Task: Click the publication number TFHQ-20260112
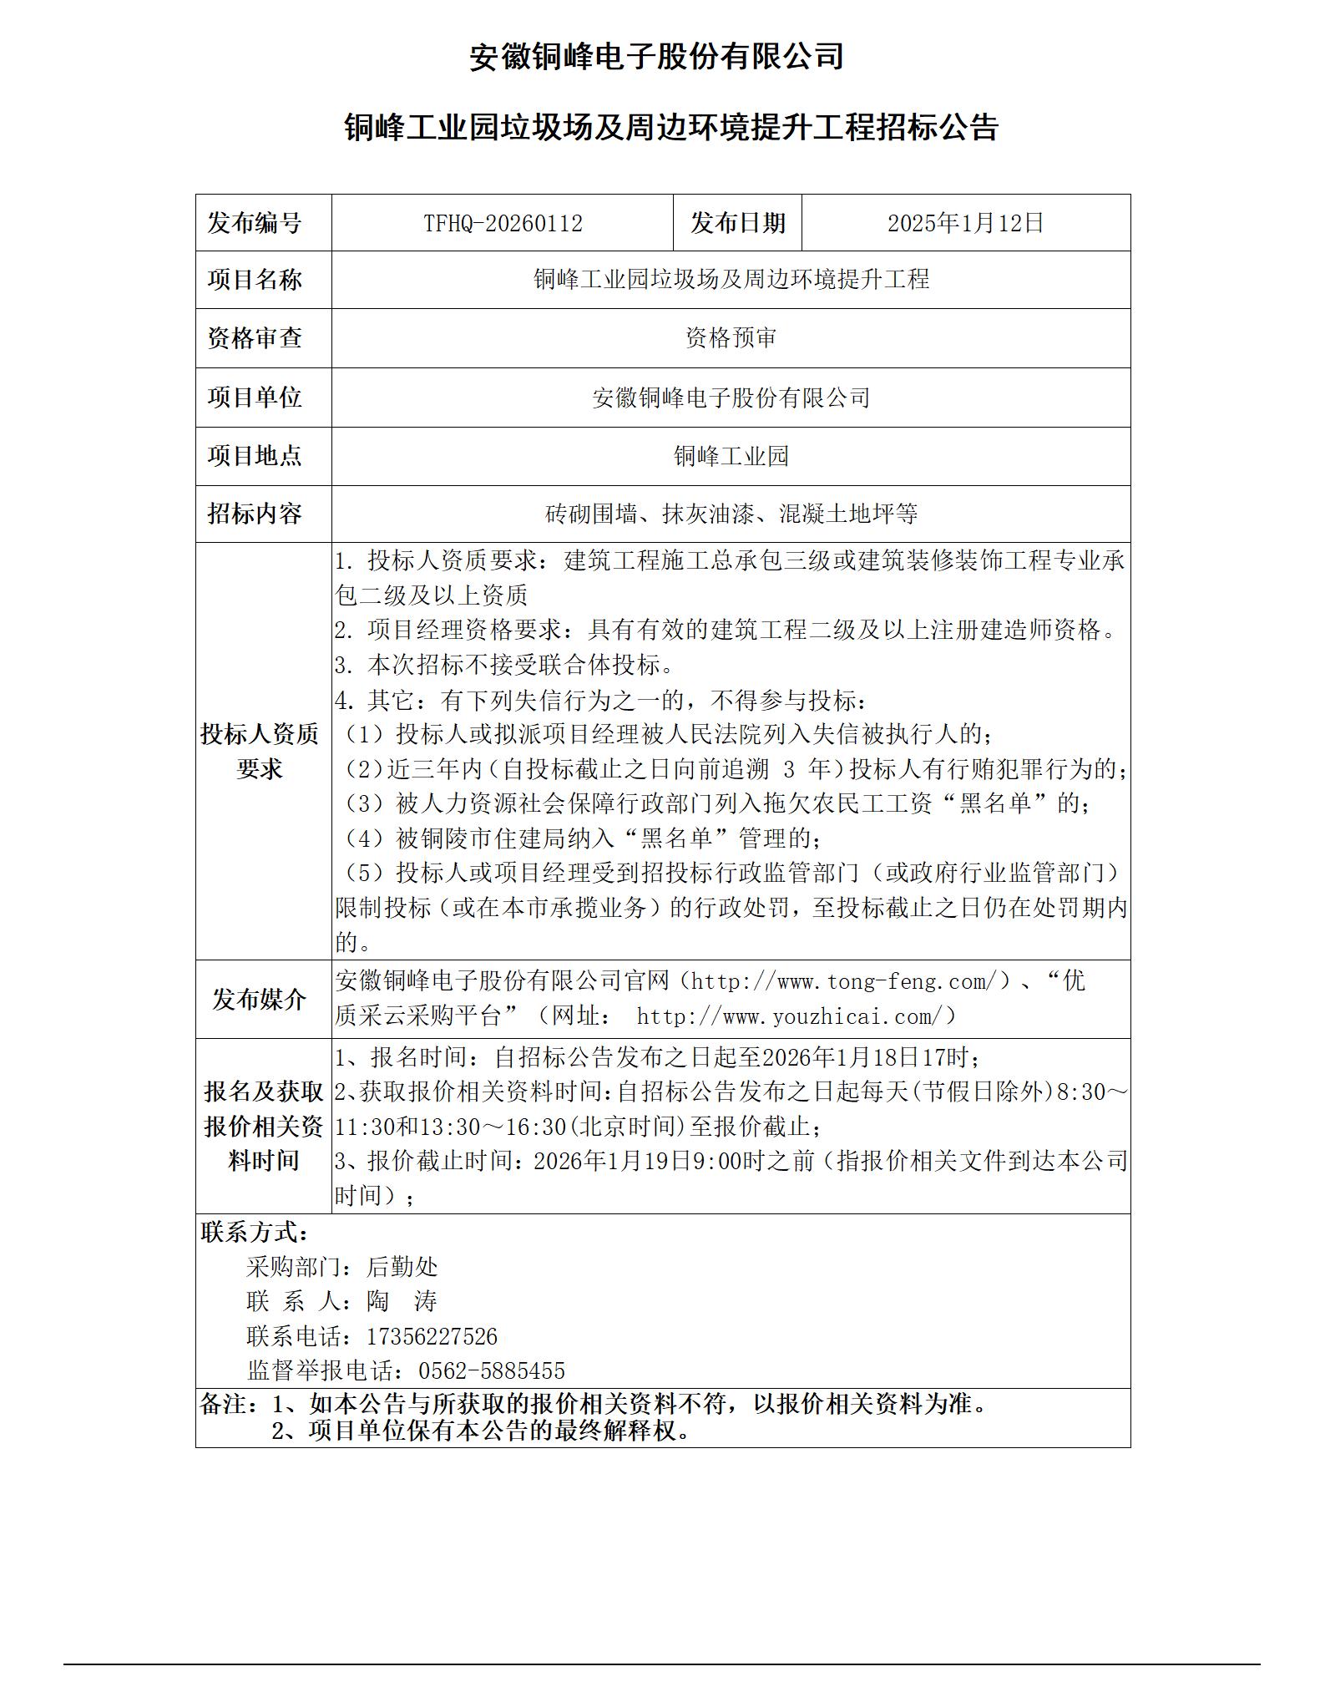(503, 223)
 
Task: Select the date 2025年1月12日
(965, 223)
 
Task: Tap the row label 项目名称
(255, 280)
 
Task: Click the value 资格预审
(731, 338)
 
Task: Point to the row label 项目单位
(255, 397)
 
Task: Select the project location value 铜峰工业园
(731, 456)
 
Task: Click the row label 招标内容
(255, 514)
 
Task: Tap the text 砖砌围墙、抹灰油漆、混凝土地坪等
(731, 514)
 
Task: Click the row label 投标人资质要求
(260, 751)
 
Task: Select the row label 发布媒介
(260, 999)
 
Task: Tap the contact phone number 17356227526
(432, 1337)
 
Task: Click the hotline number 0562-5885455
(491, 1371)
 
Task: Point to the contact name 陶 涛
(402, 1302)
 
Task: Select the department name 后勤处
(402, 1267)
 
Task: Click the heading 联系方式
(255, 1232)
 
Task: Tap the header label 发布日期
(737, 223)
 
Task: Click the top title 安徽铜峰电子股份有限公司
(655, 57)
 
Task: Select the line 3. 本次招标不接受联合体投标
(504, 665)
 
